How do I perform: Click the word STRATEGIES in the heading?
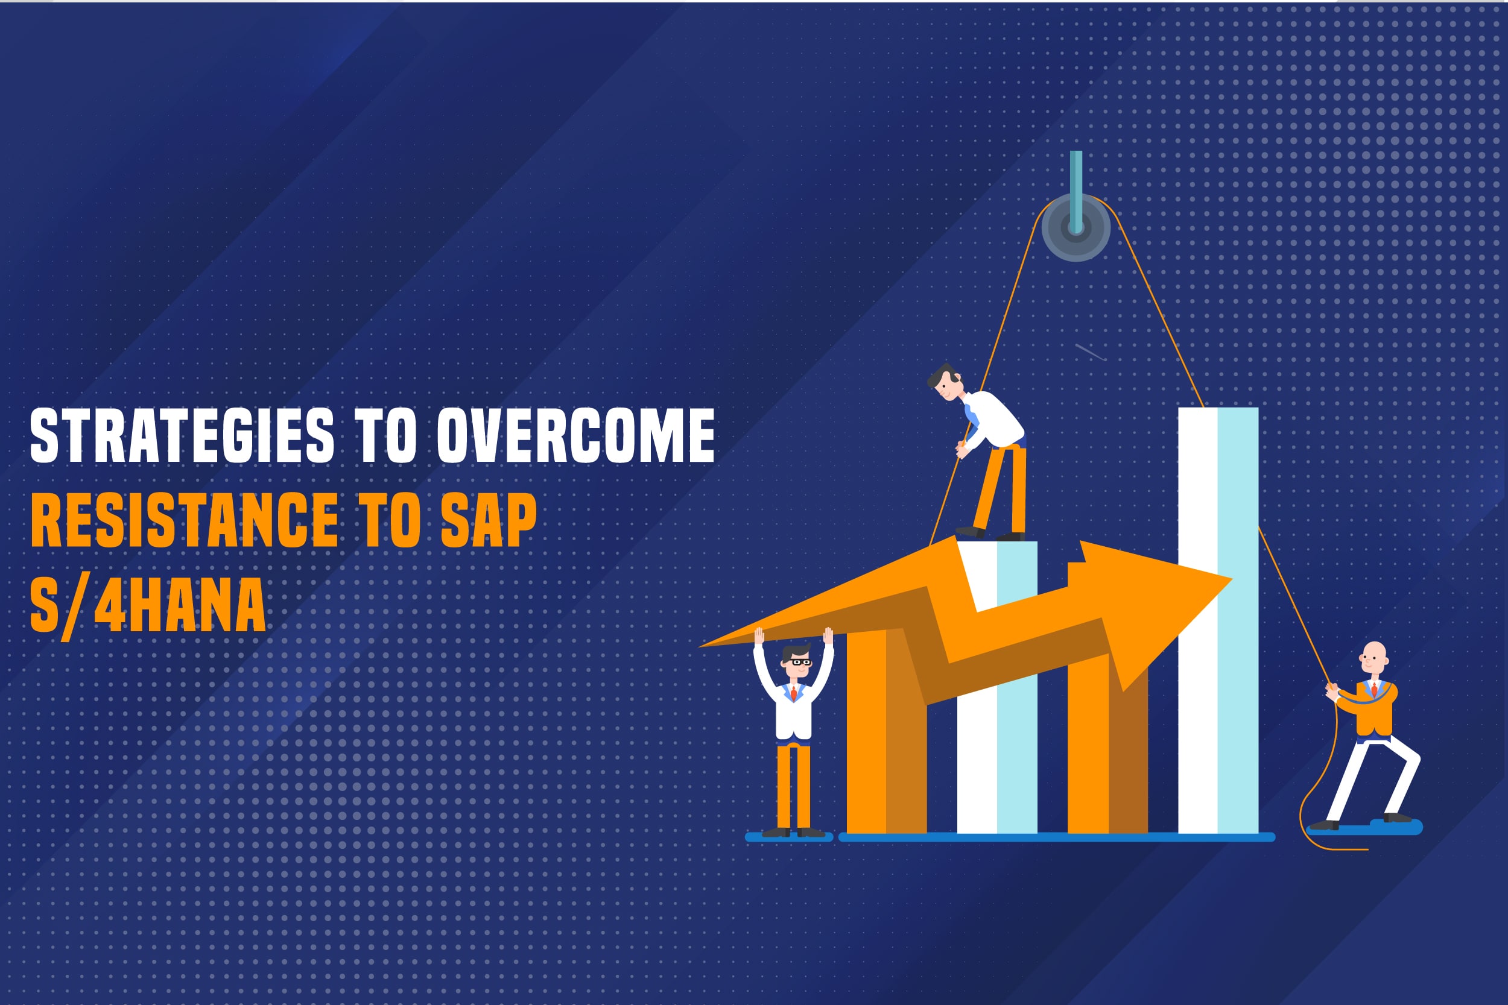tap(182, 435)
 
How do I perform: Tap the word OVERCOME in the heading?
tap(576, 435)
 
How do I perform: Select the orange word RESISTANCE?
tap(185, 520)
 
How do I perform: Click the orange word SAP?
tap(489, 520)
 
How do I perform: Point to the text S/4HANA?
tap(148, 605)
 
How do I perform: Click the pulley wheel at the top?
tap(1076, 227)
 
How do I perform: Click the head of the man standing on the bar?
tap(945, 383)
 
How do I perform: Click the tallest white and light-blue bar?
tap(1218, 620)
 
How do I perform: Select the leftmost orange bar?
tap(887, 731)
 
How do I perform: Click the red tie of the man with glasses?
tap(794, 693)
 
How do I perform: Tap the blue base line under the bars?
tap(1057, 837)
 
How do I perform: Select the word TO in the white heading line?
tap(386, 435)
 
